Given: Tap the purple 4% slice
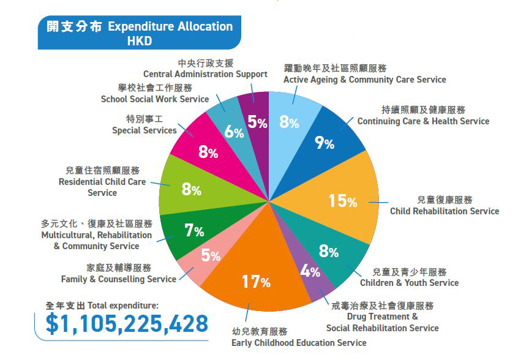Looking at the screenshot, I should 311,271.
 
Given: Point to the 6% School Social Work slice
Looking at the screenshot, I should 233,131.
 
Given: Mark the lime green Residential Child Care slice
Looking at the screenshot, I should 191,189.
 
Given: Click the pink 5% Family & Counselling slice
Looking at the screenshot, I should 210,256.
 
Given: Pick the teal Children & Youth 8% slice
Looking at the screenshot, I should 328,251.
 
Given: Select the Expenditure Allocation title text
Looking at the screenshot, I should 170,26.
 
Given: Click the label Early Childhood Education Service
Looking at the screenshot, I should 299,342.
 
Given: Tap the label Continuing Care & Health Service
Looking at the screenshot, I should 423,121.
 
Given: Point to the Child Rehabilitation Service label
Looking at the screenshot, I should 445,211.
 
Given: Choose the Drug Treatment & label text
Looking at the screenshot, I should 382,317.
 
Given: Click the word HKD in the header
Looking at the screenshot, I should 139,42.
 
